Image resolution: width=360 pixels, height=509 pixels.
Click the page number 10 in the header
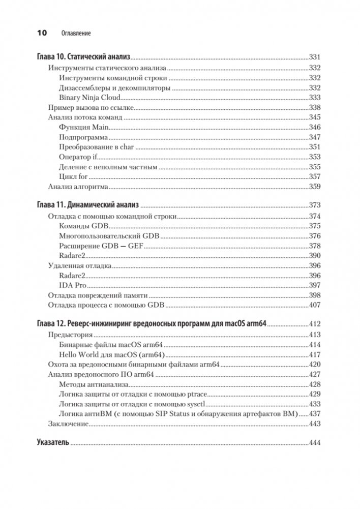[41, 34]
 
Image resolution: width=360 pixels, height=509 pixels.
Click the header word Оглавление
[75, 34]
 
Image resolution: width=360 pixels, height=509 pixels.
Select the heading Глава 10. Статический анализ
[84, 57]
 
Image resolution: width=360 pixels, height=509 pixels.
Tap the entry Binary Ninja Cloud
[89, 98]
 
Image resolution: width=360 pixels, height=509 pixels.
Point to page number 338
[315, 107]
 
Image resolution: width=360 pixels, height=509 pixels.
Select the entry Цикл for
[73, 176]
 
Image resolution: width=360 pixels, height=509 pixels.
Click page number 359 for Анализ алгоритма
[315, 187]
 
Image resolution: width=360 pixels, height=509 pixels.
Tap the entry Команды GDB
[83, 226]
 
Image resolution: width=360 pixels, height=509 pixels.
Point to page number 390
[315, 256]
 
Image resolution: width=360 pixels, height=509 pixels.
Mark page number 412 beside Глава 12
[315, 324]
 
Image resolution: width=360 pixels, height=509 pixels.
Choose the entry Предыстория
[70, 335]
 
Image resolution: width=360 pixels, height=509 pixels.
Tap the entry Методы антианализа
[94, 384]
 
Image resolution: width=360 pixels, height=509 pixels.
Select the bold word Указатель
[53, 443]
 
